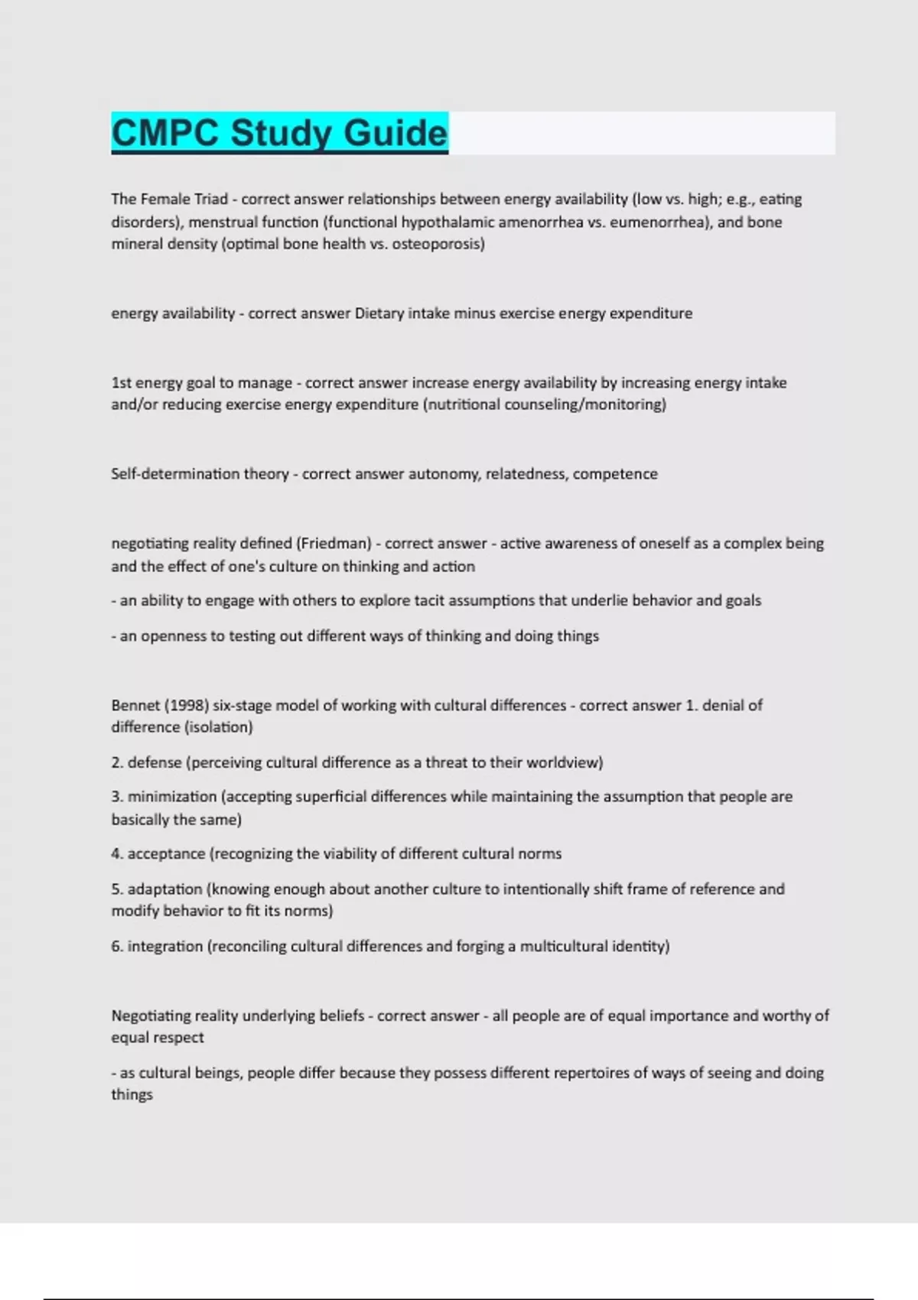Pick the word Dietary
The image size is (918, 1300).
[x=379, y=314]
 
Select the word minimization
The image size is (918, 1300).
[x=172, y=797]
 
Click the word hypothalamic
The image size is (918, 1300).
[x=448, y=223]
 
